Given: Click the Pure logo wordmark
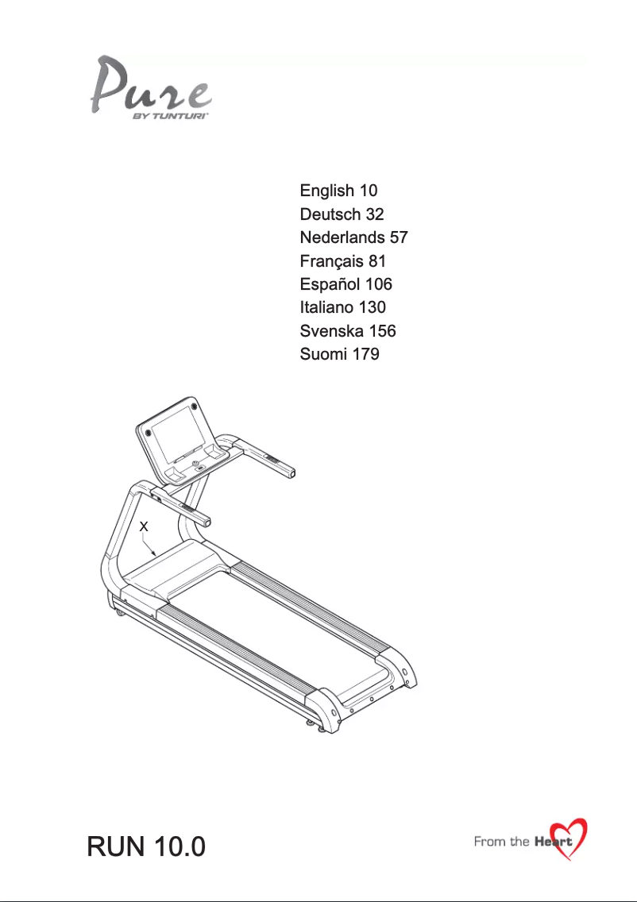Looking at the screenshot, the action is coord(152,84).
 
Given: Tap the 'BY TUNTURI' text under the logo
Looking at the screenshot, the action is coord(170,116).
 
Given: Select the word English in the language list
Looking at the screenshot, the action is coord(327,191).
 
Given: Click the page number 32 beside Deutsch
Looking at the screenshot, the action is coord(374,214).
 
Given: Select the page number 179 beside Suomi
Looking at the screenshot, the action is coord(366,354).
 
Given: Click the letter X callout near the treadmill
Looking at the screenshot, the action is coord(144,526).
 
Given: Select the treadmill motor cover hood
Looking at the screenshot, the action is coord(176,568).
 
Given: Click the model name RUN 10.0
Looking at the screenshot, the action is coord(146,846).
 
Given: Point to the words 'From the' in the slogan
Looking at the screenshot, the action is coord(502,842).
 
